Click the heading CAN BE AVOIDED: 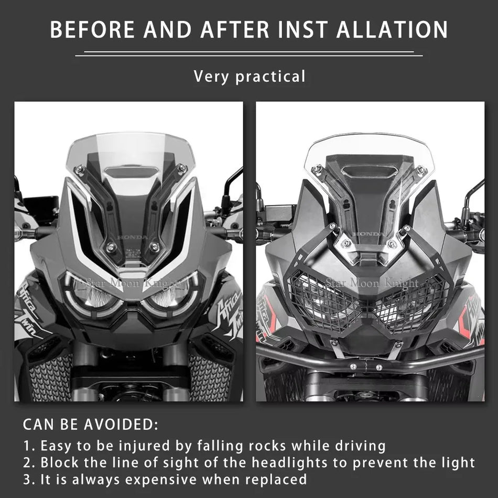[90, 423]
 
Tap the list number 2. [28, 463]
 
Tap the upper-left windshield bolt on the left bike [80, 169]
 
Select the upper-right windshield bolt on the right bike [421, 169]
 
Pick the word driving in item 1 [362, 446]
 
